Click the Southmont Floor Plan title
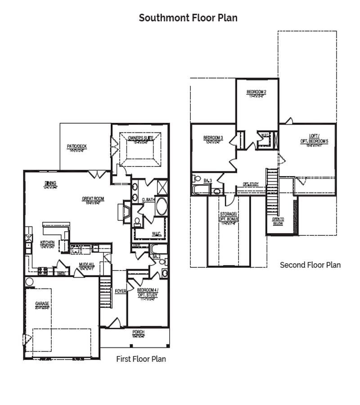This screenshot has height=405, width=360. click(x=188, y=18)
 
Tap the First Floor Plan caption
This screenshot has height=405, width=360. click(x=141, y=359)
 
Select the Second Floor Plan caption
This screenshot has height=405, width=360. click(x=310, y=265)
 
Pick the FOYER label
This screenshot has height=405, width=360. click(x=121, y=291)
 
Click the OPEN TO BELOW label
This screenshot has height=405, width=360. click(x=278, y=221)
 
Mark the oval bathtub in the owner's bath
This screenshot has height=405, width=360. click(x=162, y=207)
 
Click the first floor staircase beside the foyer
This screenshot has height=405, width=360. click(x=105, y=292)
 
